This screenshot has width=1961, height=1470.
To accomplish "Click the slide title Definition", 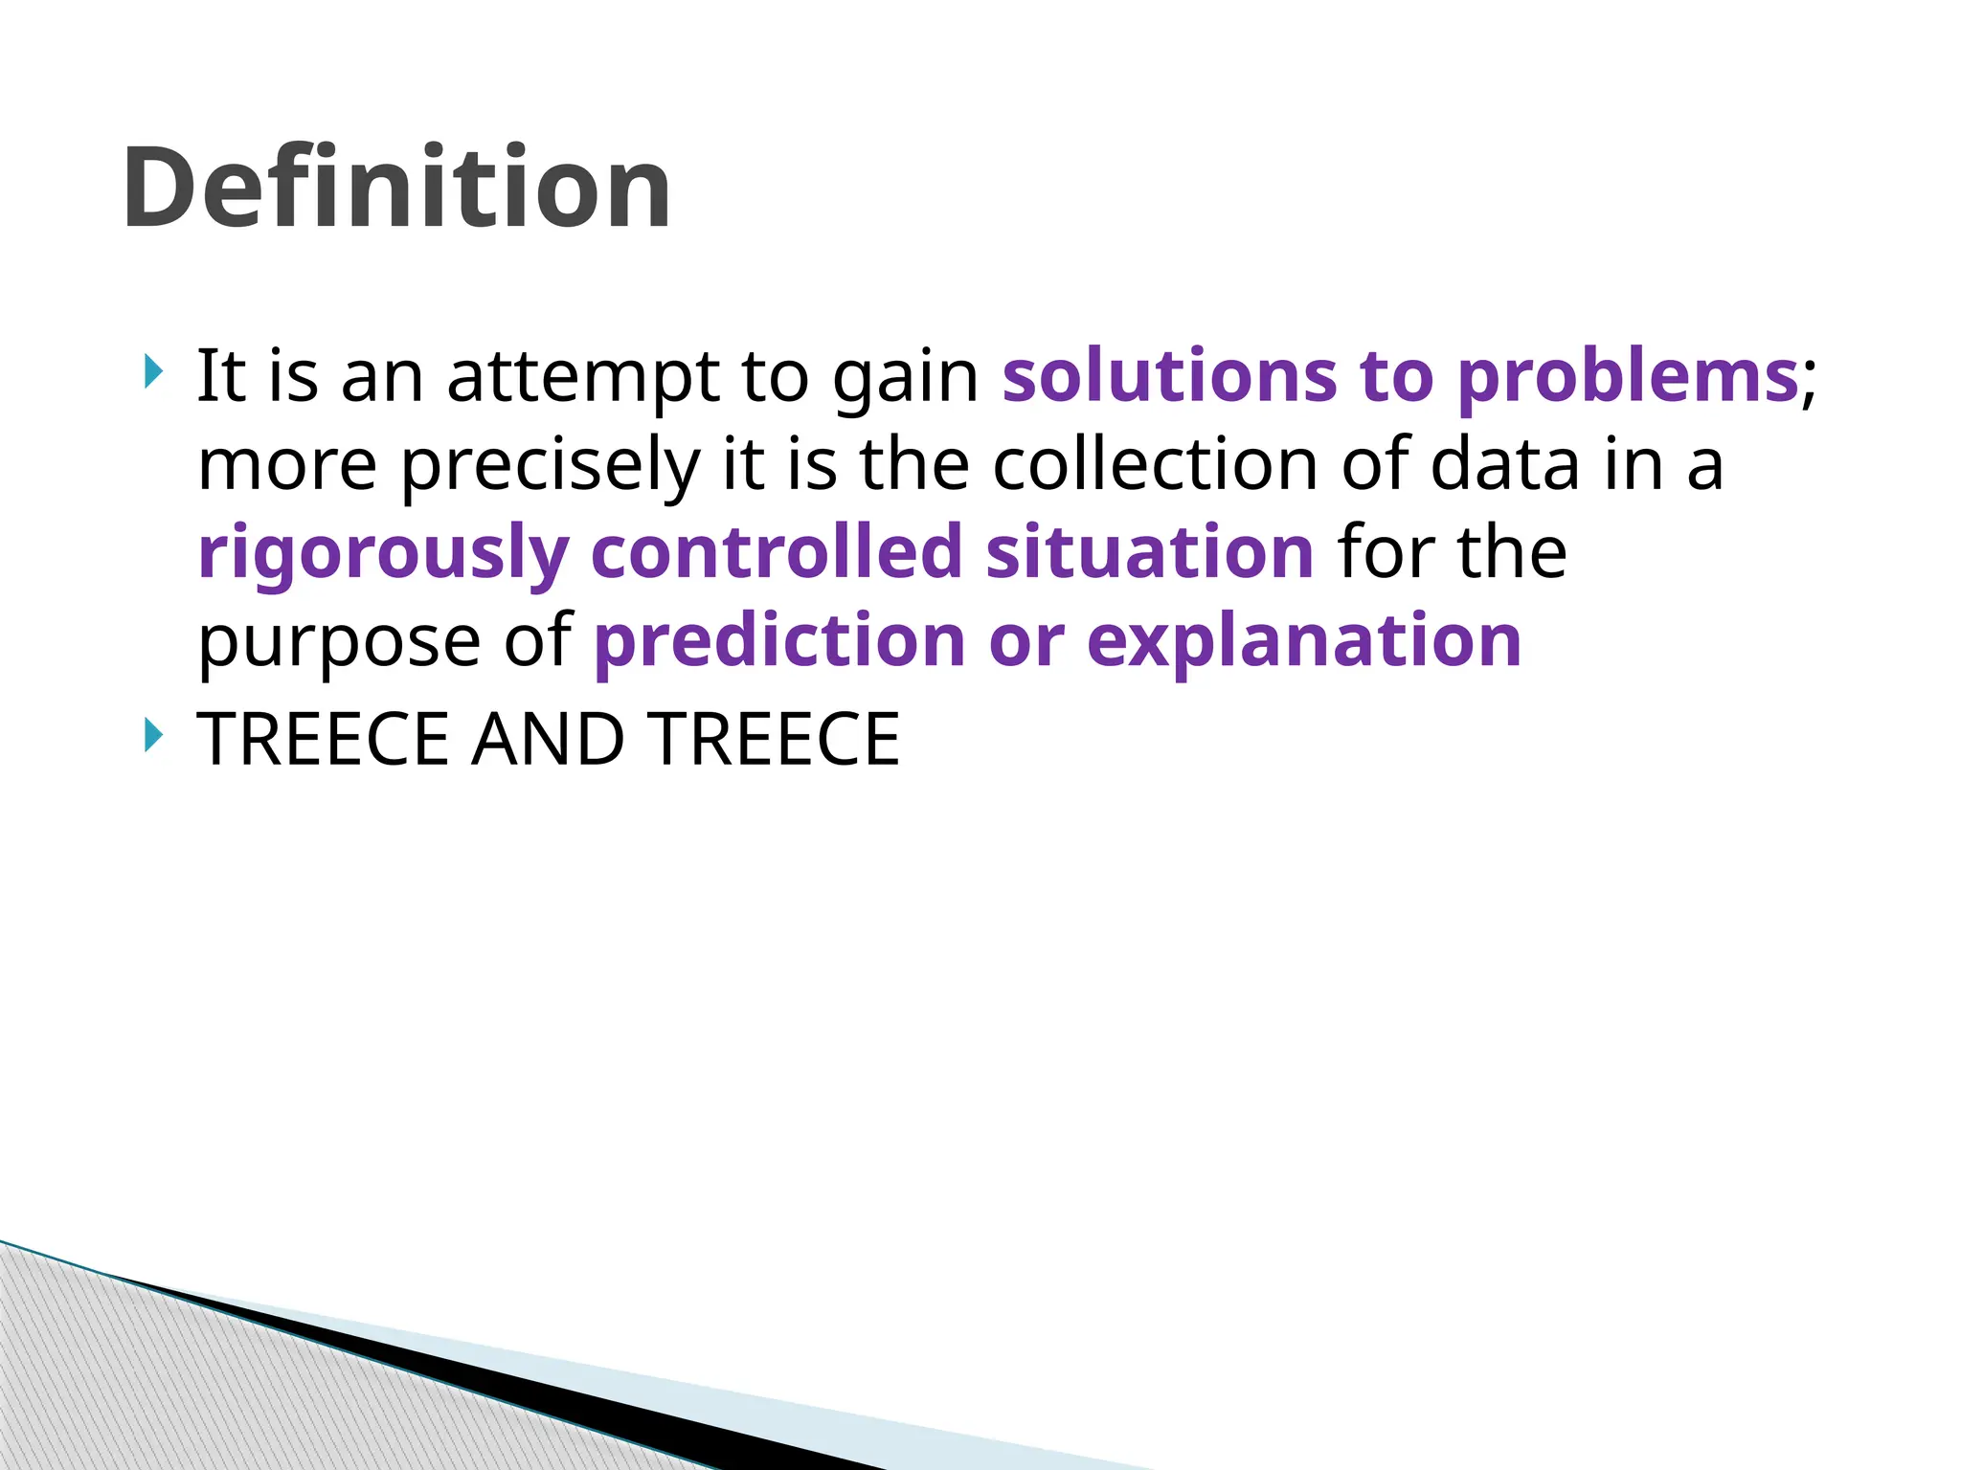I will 396,188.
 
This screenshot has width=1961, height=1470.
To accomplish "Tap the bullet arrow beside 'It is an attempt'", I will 152,370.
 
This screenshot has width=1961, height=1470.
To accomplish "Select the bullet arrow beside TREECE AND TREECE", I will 152,735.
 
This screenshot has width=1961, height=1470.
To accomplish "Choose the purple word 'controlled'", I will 777,552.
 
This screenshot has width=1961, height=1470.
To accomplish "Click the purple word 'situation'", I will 1150,552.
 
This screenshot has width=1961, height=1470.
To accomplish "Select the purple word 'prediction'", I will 779,641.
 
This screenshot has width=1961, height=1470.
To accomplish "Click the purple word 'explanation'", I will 1304,641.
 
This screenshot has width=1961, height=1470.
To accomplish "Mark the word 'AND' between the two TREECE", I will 548,739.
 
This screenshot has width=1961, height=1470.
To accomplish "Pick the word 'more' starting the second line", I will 287,466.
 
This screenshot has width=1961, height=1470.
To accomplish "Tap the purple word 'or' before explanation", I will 1026,641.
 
